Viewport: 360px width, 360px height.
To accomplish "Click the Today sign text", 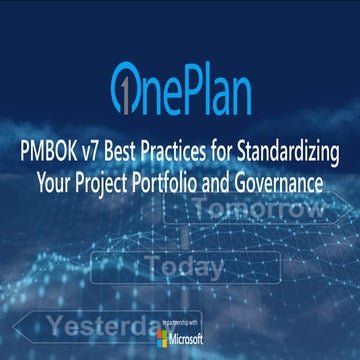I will (184, 266).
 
